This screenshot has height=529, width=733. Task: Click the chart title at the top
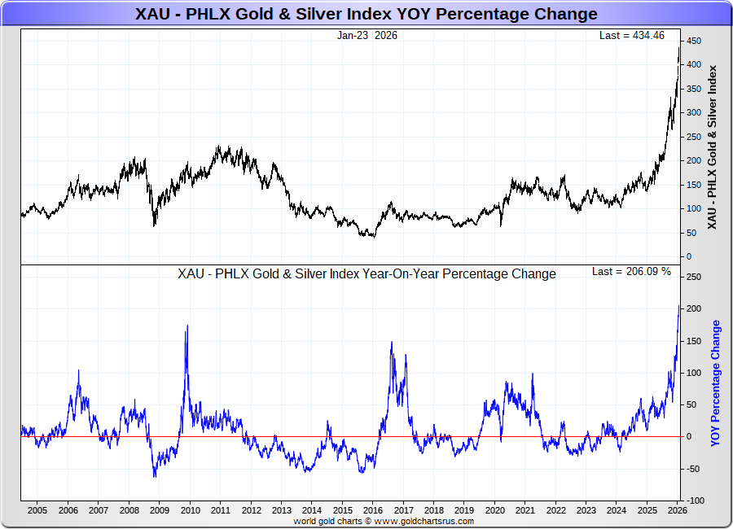366,14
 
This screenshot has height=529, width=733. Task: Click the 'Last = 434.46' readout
632,35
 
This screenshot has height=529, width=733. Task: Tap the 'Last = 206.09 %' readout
631,272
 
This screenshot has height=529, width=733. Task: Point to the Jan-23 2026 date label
367,35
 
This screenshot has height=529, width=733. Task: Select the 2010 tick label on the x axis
190,510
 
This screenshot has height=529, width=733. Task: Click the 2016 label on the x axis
372,510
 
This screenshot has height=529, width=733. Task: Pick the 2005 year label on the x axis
37,510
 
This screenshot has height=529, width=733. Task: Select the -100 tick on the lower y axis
694,501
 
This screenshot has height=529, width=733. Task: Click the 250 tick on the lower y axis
694,278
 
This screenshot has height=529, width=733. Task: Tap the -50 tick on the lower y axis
694,469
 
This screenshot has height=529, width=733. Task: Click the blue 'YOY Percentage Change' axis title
716,383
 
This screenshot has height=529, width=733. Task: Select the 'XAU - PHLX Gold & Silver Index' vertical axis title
713,146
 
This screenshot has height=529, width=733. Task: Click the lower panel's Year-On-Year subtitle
366,274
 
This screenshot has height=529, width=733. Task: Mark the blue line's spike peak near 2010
187,326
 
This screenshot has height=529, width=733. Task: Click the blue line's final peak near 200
679,306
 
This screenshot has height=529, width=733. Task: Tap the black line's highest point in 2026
679,47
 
